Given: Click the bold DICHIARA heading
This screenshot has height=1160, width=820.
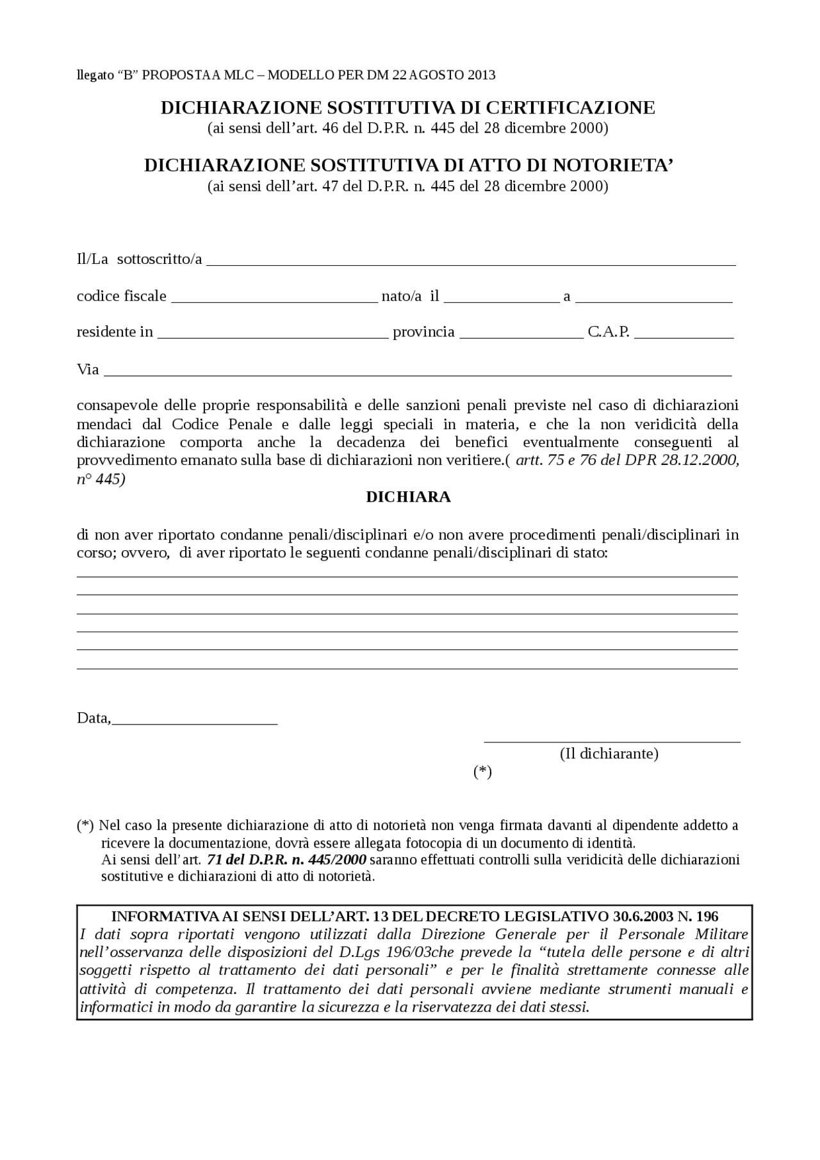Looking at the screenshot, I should tap(408, 497).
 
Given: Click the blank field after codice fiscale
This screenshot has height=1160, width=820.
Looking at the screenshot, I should tap(274, 298).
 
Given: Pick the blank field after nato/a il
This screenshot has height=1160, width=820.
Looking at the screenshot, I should tap(501, 298).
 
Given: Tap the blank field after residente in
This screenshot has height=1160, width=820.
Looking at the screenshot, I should tap(273, 334).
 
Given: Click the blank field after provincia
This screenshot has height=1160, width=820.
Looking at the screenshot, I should tap(521, 334).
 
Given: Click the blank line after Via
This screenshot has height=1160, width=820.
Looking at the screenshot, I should tap(417, 372).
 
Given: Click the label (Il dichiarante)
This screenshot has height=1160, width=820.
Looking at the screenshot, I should tap(609, 753).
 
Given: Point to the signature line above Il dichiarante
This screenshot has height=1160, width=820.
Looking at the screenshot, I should tap(612, 741).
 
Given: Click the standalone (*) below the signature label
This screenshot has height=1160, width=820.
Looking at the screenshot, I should tap(482, 772).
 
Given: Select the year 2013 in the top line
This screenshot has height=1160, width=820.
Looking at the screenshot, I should tap(481, 75).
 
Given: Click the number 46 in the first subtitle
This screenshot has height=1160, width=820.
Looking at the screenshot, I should tap(331, 128).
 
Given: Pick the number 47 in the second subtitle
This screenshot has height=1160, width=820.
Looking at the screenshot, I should tap(331, 186).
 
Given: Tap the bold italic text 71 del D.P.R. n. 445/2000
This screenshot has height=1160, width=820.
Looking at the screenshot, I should tap(286, 859).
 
